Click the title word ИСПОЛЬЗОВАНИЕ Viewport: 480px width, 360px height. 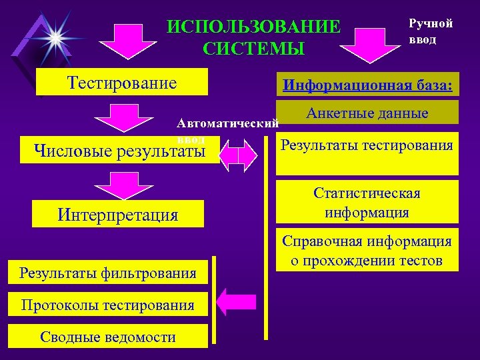(253, 27)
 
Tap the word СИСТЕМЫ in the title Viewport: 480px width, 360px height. (253, 49)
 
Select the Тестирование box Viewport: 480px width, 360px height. (122, 83)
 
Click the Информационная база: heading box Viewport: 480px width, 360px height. (367, 86)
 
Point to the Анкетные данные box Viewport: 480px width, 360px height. (367, 113)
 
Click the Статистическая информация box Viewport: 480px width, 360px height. (367, 203)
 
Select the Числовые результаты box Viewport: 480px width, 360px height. (121, 152)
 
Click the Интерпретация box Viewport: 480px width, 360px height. (118, 214)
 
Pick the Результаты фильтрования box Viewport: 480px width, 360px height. (108, 272)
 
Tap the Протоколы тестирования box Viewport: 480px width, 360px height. (108, 305)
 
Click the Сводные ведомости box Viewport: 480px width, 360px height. (108, 337)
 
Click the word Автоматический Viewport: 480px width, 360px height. (227, 124)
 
